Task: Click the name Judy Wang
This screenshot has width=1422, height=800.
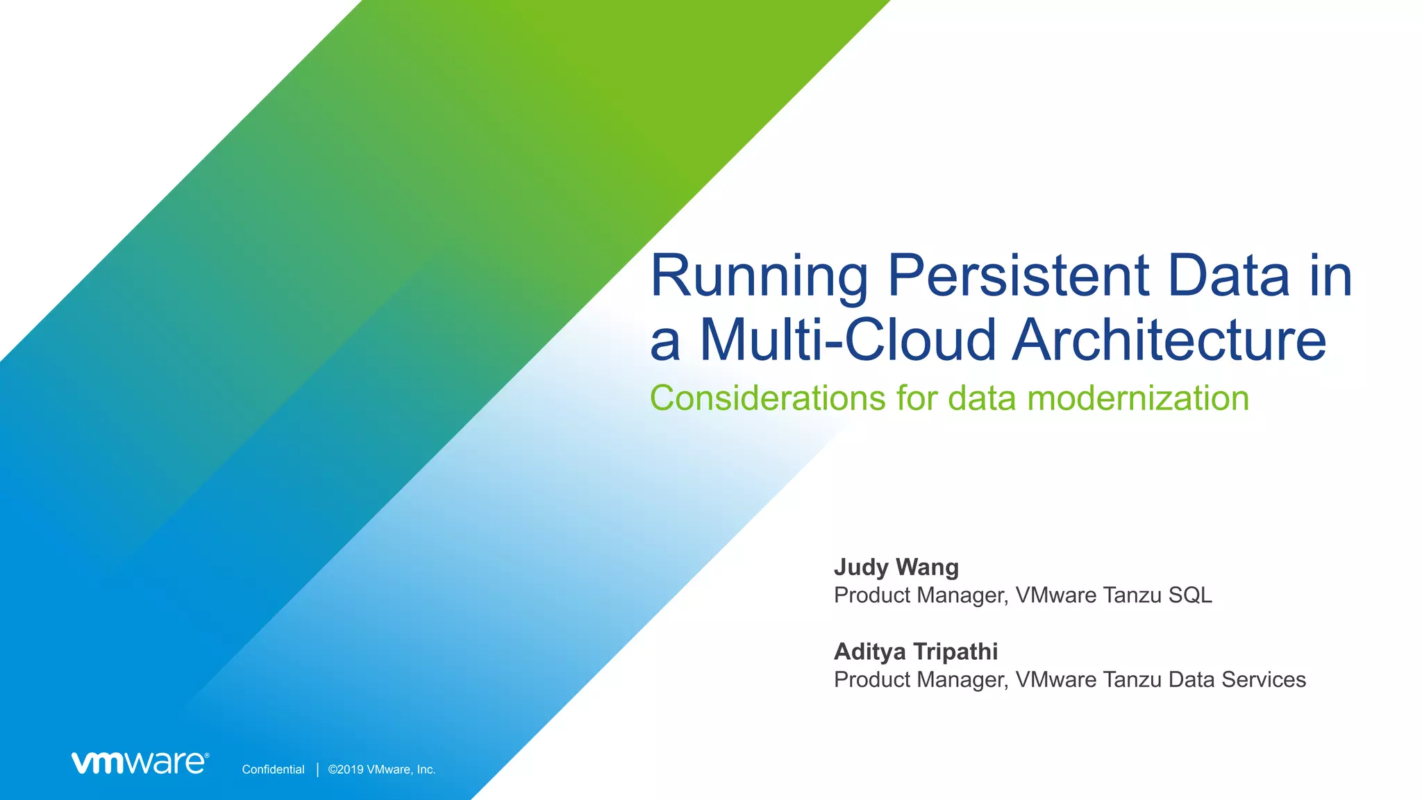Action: tap(896, 567)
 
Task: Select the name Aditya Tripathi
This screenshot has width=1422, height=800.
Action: tap(915, 652)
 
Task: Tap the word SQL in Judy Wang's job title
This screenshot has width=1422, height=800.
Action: tap(1189, 595)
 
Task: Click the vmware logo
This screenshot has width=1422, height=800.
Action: tap(138, 763)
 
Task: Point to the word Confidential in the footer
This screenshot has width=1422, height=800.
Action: tap(273, 769)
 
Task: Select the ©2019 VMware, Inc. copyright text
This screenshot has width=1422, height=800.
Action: tap(381, 769)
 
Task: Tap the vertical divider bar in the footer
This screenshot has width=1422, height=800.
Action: tap(317, 769)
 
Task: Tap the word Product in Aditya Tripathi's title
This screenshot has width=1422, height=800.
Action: tap(872, 680)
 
